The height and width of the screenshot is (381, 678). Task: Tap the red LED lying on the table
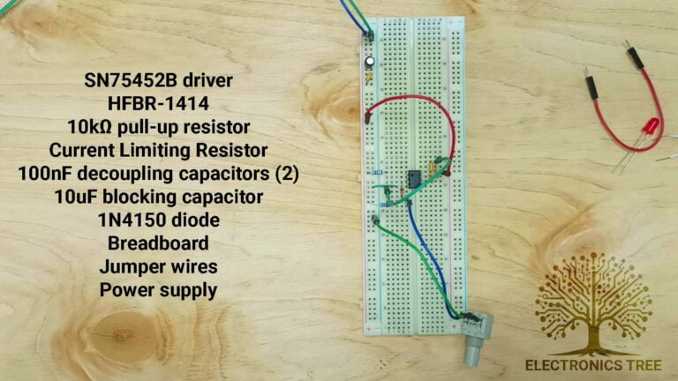[x=650, y=128]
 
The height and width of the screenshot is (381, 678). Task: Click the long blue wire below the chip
[x=431, y=256]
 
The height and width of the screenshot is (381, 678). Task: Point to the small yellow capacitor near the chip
[x=431, y=165]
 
